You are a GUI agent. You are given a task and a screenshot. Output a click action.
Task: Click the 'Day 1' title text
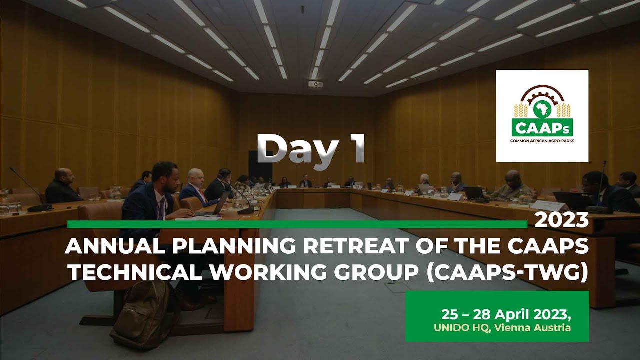tap(311, 149)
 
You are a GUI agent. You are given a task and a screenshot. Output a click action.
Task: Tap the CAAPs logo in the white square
tap(542, 115)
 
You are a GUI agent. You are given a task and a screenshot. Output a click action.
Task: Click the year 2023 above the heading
tap(561, 220)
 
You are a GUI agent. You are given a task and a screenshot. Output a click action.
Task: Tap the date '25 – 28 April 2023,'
tap(505, 315)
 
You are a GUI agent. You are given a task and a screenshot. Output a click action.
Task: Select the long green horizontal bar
tap(297, 224)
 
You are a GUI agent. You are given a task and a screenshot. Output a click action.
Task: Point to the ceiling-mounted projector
tap(315, 84)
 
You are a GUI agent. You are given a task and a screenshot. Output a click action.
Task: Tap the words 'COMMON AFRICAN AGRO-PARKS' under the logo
tap(542, 141)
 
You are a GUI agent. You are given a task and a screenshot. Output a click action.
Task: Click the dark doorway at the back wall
tap(260, 165)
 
